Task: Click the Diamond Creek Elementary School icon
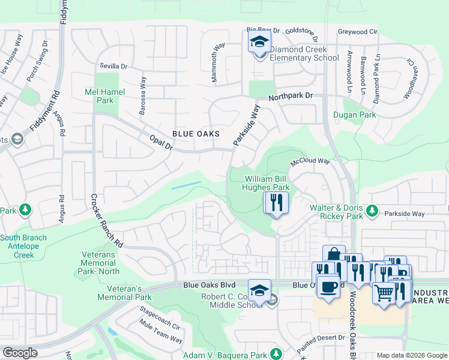tap(260, 43)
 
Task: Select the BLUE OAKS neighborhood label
tap(195, 134)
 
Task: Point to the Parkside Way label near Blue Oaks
tap(247, 125)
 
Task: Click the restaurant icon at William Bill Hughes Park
tap(276, 202)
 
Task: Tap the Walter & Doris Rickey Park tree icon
tap(372, 211)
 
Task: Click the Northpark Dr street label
tap(291, 96)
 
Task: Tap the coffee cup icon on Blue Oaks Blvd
tap(328, 287)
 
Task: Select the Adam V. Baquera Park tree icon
tap(276, 353)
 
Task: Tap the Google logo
tap(20, 353)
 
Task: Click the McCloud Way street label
tap(310, 161)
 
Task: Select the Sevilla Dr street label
tap(115, 67)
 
